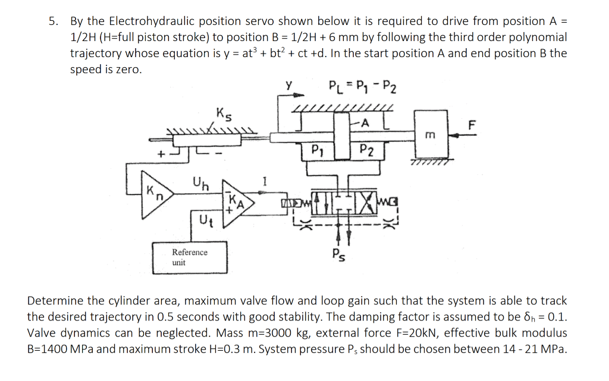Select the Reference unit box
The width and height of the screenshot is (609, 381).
coord(190,257)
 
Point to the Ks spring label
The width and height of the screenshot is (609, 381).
coord(224,112)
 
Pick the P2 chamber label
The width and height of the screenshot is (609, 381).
coord(367,150)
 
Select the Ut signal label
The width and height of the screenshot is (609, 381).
coord(202,223)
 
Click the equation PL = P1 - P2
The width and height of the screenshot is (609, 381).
coord(363,89)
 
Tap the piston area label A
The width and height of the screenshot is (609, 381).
coord(365,122)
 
